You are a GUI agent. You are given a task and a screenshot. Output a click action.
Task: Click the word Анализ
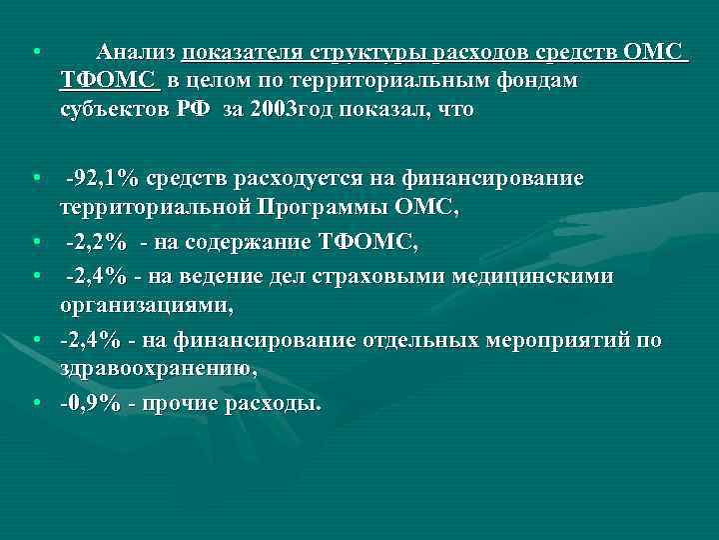coord(137,52)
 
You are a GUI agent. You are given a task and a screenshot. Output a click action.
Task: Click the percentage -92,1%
coord(102,179)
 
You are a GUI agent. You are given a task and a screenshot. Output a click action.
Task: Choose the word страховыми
coord(379,276)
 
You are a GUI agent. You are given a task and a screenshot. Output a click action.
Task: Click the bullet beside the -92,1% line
coord(35,179)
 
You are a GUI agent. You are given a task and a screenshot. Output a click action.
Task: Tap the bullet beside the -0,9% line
coord(35,403)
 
